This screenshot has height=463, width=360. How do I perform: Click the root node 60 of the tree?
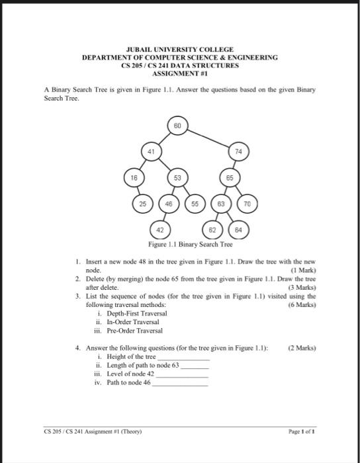[x=177, y=125]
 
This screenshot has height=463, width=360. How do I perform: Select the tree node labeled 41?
[x=151, y=151]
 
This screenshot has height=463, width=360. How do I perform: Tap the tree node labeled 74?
[x=238, y=151]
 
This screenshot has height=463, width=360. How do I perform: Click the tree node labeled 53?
[x=177, y=179]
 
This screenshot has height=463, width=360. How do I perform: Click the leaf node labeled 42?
[x=159, y=231]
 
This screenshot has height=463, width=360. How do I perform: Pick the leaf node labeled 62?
[x=212, y=231]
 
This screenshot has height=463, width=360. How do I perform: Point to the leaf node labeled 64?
[x=238, y=231]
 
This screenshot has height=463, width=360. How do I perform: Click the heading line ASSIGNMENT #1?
[x=180, y=74]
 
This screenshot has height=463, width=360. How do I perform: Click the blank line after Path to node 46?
[x=180, y=384]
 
